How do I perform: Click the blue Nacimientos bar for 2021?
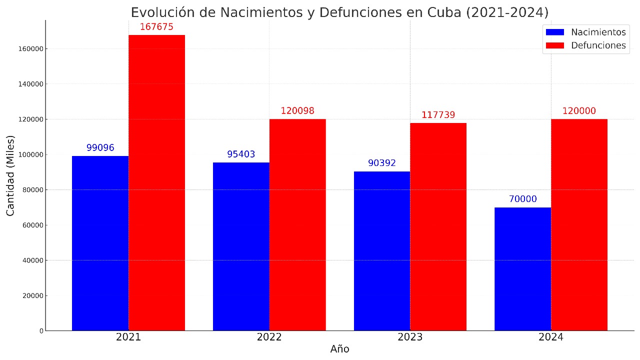pyautogui.click(x=100, y=243)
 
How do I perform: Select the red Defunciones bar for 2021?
pyautogui.click(x=156, y=182)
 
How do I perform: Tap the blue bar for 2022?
pyautogui.click(x=241, y=246)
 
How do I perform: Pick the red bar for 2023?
pyautogui.click(x=438, y=226)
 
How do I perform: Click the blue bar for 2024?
pyautogui.click(x=522, y=269)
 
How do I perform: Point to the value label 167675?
pyautogui.click(x=156, y=27)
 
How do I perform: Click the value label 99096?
pyautogui.click(x=100, y=148)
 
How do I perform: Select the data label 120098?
pyautogui.click(x=297, y=111)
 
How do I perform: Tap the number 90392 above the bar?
pyautogui.click(x=382, y=163)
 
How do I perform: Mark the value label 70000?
pyautogui.click(x=522, y=199)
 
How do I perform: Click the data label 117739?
pyautogui.click(x=438, y=115)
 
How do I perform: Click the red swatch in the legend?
pyautogui.click(x=555, y=45)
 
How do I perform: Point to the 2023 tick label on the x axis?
pyautogui.click(x=410, y=337)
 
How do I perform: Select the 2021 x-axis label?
pyautogui.click(x=128, y=337)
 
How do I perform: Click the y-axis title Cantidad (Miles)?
pyautogui.click(x=10, y=175)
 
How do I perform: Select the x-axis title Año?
pyautogui.click(x=339, y=349)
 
